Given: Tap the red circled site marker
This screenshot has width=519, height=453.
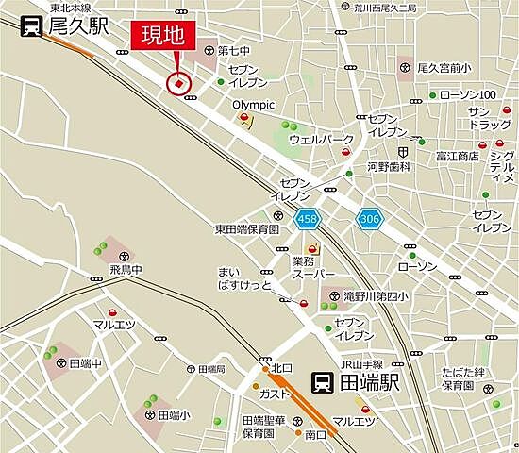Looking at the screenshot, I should [178, 84].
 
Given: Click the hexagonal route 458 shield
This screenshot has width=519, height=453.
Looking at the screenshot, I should [306, 219].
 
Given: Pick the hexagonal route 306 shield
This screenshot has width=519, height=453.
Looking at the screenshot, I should [369, 219].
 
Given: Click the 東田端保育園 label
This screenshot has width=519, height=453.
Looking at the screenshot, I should [246, 228].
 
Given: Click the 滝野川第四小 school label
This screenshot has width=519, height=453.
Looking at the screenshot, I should [377, 296].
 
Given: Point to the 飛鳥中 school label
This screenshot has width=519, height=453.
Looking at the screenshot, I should [126, 269].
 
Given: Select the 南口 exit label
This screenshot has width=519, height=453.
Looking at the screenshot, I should [315, 434].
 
